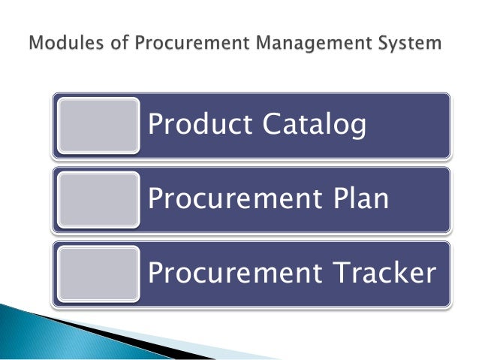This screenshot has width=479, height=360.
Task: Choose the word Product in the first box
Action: tap(194, 124)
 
